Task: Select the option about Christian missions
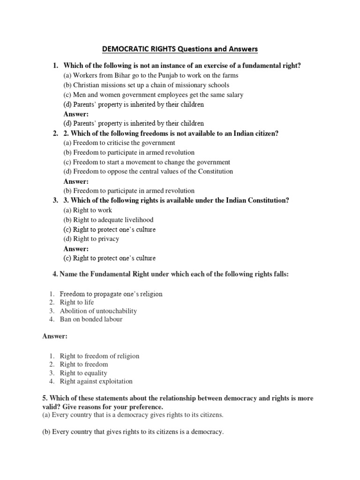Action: click(x=146, y=85)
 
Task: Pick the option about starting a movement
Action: click(x=147, y=162)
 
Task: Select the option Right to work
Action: click(x=88, y=210)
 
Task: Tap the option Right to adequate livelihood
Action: click(x=108, y=220)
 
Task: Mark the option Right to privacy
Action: click(x=91, y=239)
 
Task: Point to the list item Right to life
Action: click(x=77, y=303)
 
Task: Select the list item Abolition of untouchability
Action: click(x=98, y=311)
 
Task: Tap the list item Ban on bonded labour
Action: click(x=91, y=320)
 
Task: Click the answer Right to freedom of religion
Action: click(x=99, y=356)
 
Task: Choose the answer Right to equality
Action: click(x=83, y=373)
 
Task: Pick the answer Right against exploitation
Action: click(x=96, y=382)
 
